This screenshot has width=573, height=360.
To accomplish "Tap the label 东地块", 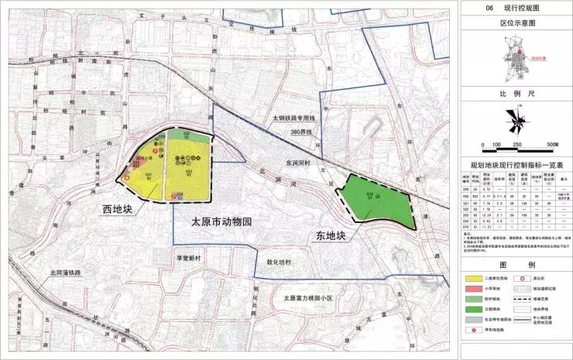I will click(316, 233).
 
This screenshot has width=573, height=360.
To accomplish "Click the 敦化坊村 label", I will click(276, 262).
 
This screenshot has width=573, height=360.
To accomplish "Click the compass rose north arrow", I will click(512, 120).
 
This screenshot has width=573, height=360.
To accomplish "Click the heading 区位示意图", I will click(513, 23).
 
